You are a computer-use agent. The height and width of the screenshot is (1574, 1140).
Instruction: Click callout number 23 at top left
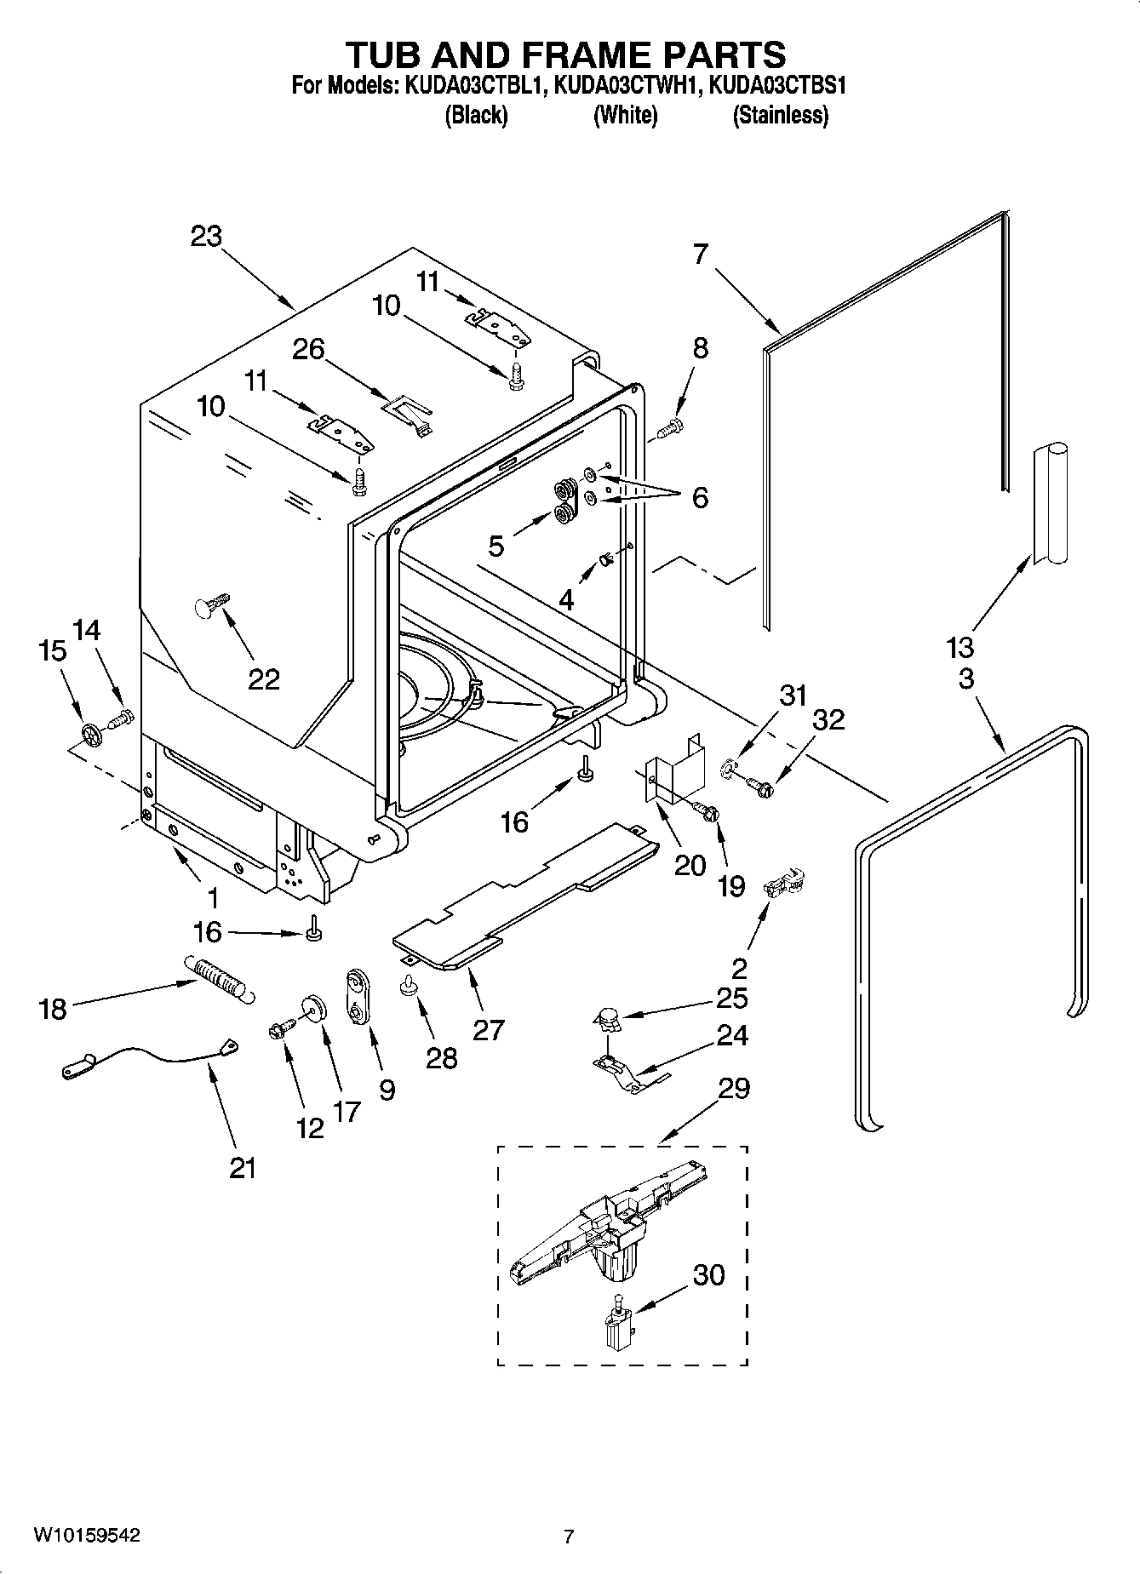(206, 236)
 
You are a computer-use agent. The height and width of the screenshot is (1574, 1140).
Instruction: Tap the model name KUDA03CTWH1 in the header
(627, 85)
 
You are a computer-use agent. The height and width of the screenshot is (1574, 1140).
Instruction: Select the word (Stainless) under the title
(780, 115)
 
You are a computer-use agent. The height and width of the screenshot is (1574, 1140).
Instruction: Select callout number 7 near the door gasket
(700, 254)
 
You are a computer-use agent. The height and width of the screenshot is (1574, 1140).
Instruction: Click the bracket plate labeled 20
(675, 770)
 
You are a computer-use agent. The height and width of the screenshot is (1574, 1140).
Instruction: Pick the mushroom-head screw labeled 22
(209, 605)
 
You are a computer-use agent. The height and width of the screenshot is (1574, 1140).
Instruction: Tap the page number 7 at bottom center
(569, 1537)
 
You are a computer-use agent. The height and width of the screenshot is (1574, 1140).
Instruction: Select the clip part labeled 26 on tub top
(408, 413)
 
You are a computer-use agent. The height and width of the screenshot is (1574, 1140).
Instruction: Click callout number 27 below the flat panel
(488, 1029)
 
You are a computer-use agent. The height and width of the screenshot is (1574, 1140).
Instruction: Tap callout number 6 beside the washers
(699, 497)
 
